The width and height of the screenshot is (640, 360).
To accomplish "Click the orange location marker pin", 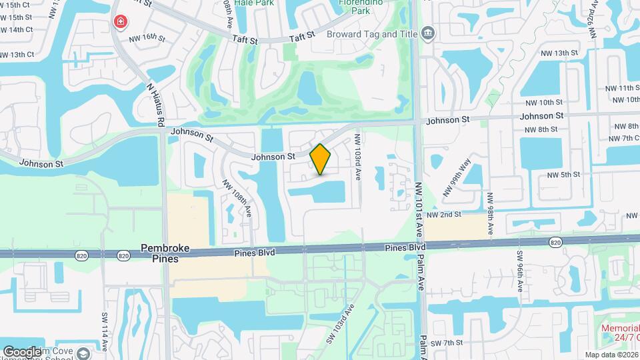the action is pos(321,159).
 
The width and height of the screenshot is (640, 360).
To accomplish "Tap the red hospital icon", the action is pos(120,22).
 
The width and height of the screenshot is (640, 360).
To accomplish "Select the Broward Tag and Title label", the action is pos(373,34).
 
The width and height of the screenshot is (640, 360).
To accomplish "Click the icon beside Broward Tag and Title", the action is pos(428,33).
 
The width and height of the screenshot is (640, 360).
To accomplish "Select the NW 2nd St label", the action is pos(444,215).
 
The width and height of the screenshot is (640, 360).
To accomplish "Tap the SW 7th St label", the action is pos(446,343).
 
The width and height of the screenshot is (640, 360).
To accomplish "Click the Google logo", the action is pos(22,351).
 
